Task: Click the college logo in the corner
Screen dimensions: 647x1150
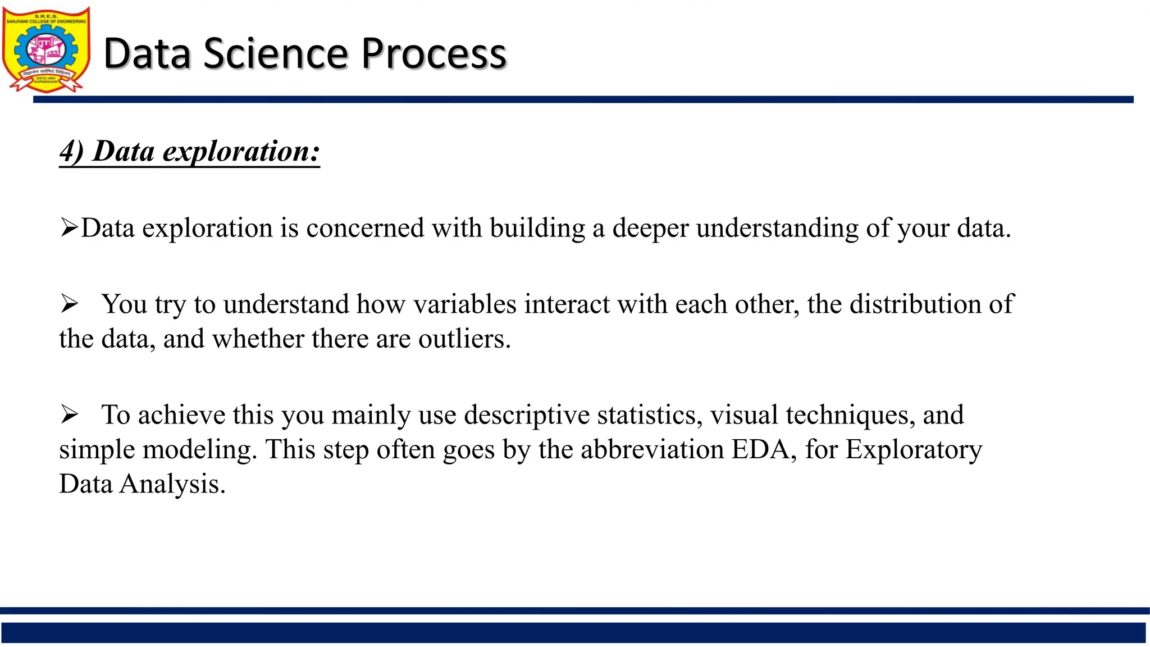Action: tap(46, 49)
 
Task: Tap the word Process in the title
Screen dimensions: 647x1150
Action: tap(433, 54)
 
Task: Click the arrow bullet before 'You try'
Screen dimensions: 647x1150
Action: tap(70, 304)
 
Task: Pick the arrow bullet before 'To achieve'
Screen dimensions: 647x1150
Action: tap(70, 415)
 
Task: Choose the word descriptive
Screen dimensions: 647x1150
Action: tap(527, 416)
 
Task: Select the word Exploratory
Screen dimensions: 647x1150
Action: tap(914, 450)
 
